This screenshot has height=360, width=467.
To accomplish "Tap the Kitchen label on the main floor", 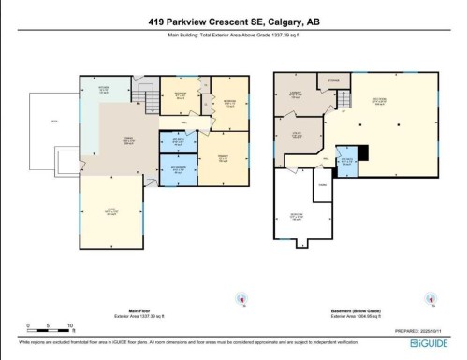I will [104, 91].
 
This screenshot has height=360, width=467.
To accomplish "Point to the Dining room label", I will [120, 140].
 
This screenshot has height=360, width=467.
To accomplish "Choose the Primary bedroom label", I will [223, 157].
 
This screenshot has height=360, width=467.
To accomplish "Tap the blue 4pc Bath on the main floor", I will [177, 141].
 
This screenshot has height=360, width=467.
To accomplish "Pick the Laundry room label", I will [295, 93].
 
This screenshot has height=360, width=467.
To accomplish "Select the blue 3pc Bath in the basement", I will [346, 160].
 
